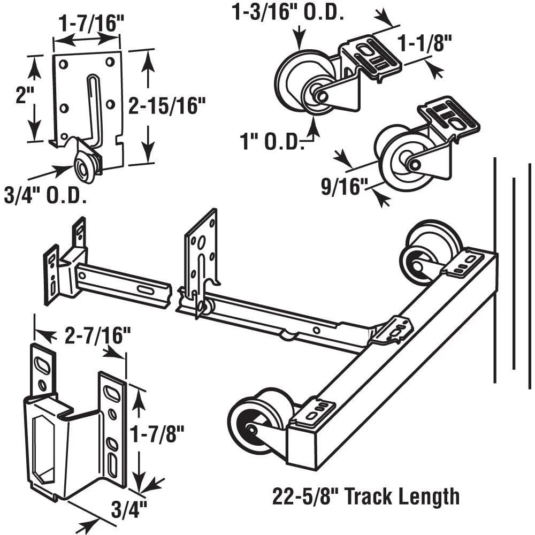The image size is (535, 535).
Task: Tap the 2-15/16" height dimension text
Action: pyautogui.click(x=166, y=106)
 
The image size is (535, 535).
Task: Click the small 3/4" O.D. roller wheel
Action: pyautogui.click(x=85, y=169)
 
